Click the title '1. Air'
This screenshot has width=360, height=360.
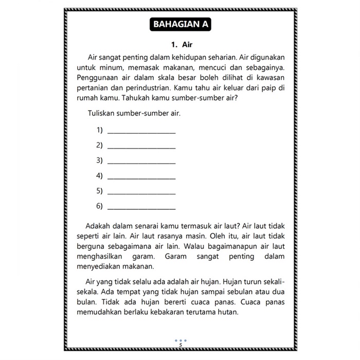tap(179, 45)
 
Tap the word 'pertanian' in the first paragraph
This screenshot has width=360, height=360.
tap(93, 88)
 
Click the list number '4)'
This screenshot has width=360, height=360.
tap(100, 176)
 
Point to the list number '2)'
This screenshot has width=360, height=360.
tap(100, 146)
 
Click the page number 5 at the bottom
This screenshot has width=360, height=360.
tap(181, 345)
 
